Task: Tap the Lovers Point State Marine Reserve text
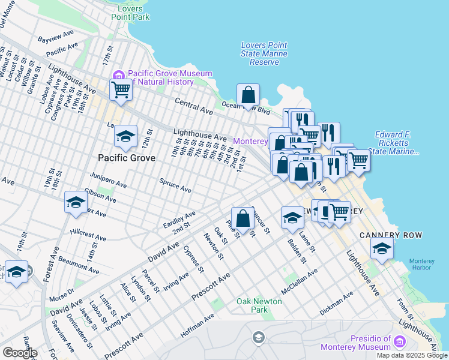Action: (264, 53)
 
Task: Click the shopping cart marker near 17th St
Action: (121, 90)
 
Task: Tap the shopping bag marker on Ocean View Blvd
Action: (248, 95)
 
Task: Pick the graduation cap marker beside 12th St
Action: (125, 137)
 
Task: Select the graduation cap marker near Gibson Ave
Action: (76, 203)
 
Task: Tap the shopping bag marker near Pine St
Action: (243, 218)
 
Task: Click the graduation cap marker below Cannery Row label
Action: (381, 248)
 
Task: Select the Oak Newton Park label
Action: (259, 305)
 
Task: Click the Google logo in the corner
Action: (19, 353)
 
